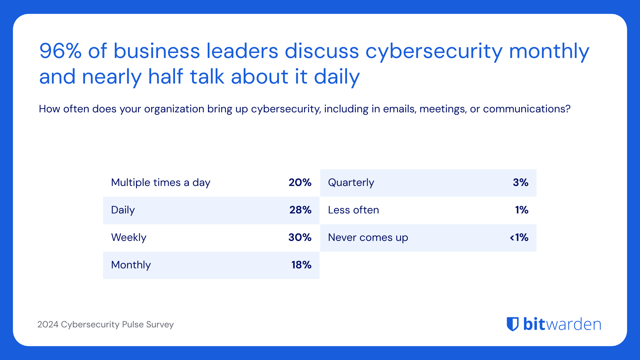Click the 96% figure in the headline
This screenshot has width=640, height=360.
coord(60,51)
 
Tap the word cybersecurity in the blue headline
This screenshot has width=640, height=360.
coord(434,52)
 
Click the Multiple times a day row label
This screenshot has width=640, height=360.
coord(161,183)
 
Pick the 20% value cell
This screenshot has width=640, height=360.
coord(300,183)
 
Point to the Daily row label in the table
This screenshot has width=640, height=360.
coord(123,210)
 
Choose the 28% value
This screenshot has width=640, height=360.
coord(300,210)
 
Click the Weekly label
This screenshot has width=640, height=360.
coord(129,237)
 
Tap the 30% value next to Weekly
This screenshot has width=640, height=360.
coord(300,237)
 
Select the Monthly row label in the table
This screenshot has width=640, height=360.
coord(131,265)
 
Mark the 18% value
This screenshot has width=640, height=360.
coord(301,265)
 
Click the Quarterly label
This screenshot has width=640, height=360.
coord(351,183)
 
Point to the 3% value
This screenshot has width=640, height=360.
coord(520,183)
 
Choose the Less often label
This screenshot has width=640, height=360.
coord(353,210)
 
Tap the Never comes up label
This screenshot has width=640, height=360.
coord(368,237)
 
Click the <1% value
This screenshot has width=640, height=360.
coord(519,237)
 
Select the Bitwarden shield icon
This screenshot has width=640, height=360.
coord(513,324)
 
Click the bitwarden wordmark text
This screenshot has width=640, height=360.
coord(562,324)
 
